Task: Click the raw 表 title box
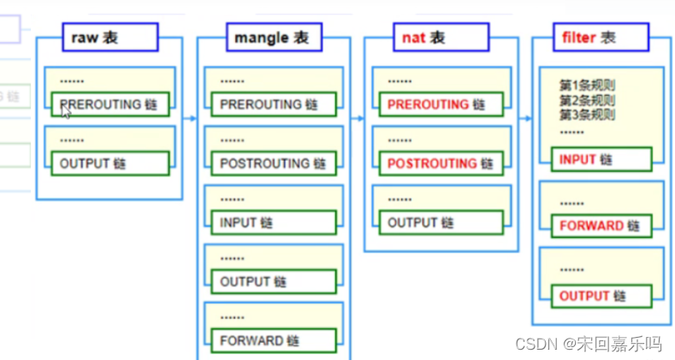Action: click(x=110, y=38)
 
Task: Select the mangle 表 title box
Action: click(x=273, y=38)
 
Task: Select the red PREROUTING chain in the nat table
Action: click(x=435, y=104)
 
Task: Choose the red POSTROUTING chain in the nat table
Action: click(x=435, y=163)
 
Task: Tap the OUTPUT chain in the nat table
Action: click(x=435, y=222)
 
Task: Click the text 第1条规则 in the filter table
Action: click(x=588, y=86)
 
